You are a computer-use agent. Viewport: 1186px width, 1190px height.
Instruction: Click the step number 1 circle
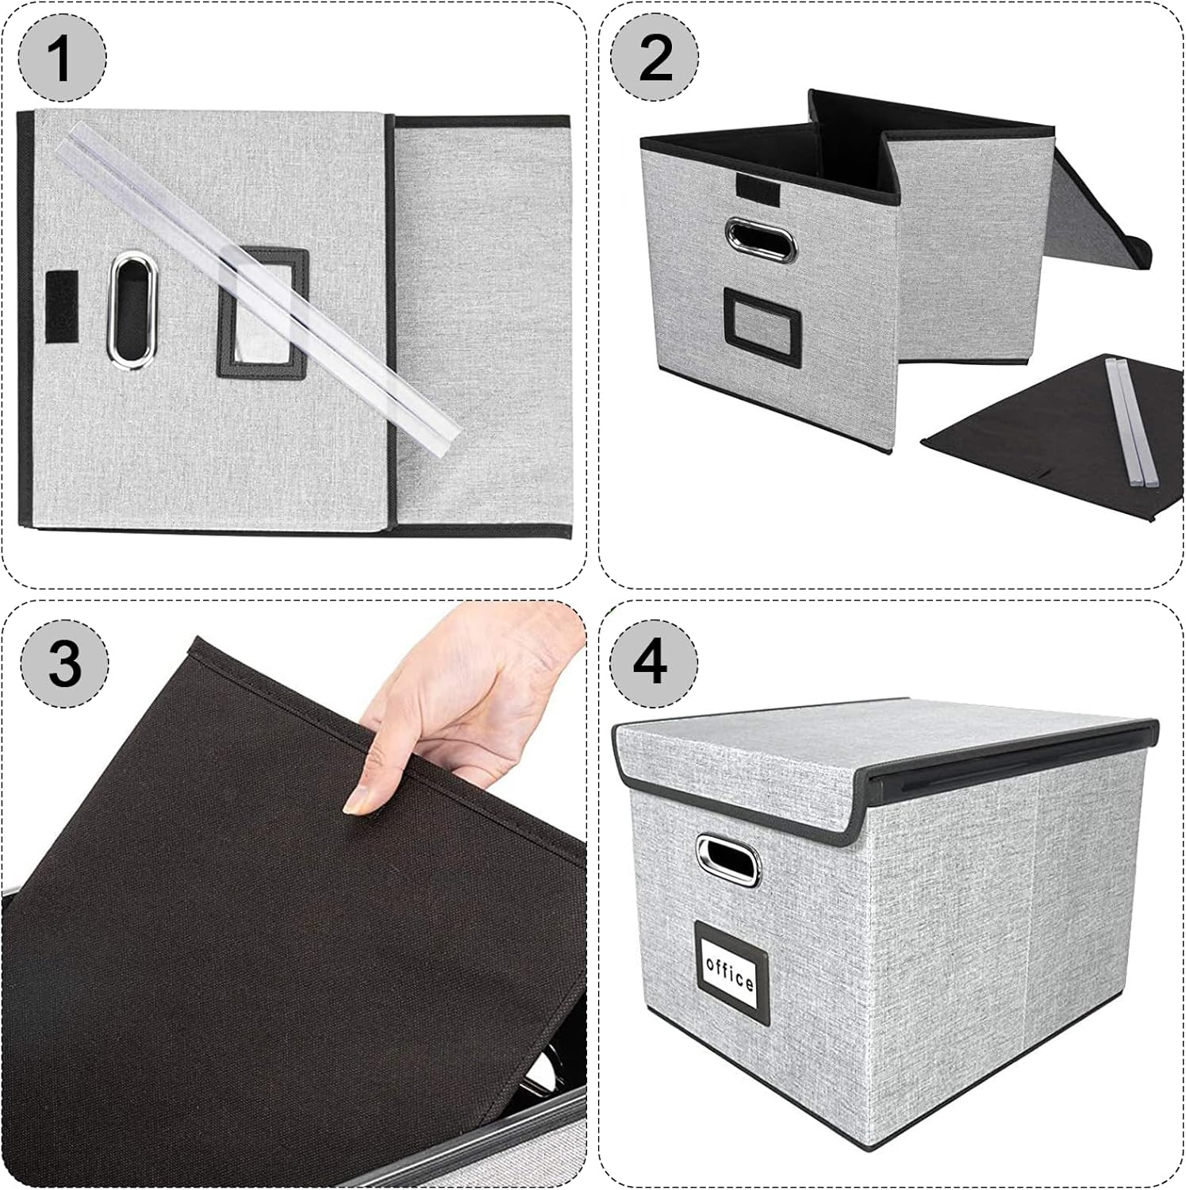pyautogui.click(x=62, y=59)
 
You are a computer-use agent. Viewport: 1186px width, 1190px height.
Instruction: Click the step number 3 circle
pyautogui.click(x=63, y=662)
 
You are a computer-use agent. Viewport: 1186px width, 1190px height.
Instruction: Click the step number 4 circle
pyautogui.click(x=654, y=662)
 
